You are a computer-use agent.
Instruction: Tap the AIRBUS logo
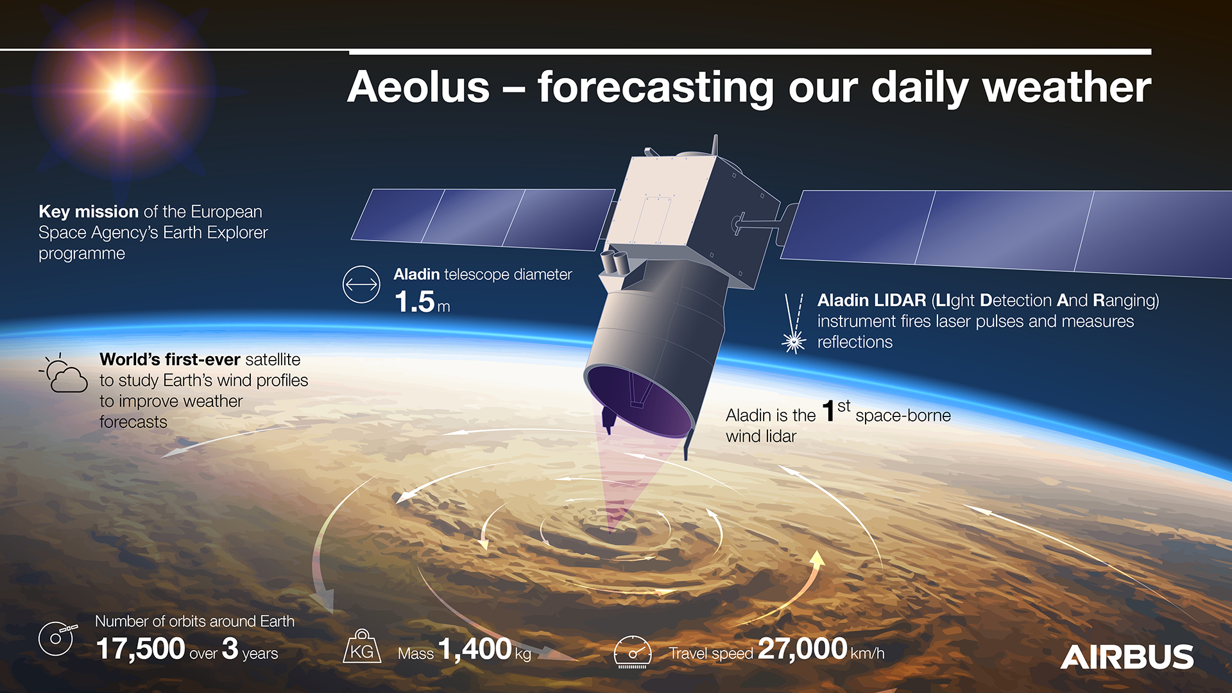coord(1127,657)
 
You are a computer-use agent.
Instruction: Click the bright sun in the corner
coord(122,91)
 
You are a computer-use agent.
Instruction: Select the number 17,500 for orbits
coord(141,649)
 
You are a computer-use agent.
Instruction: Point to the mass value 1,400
coord(475,649)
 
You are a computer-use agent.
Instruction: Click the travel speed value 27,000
coord(803,648)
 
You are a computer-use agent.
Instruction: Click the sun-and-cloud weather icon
coord(64,373)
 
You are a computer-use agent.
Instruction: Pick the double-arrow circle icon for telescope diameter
coord(361,284)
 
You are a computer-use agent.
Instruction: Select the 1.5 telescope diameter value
coord(415,302)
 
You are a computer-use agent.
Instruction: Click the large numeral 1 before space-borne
coord(828,411)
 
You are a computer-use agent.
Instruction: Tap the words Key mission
coord(89,212)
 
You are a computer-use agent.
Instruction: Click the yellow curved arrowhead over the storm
coord(817,558)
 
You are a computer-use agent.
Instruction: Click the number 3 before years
coord(230,649)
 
